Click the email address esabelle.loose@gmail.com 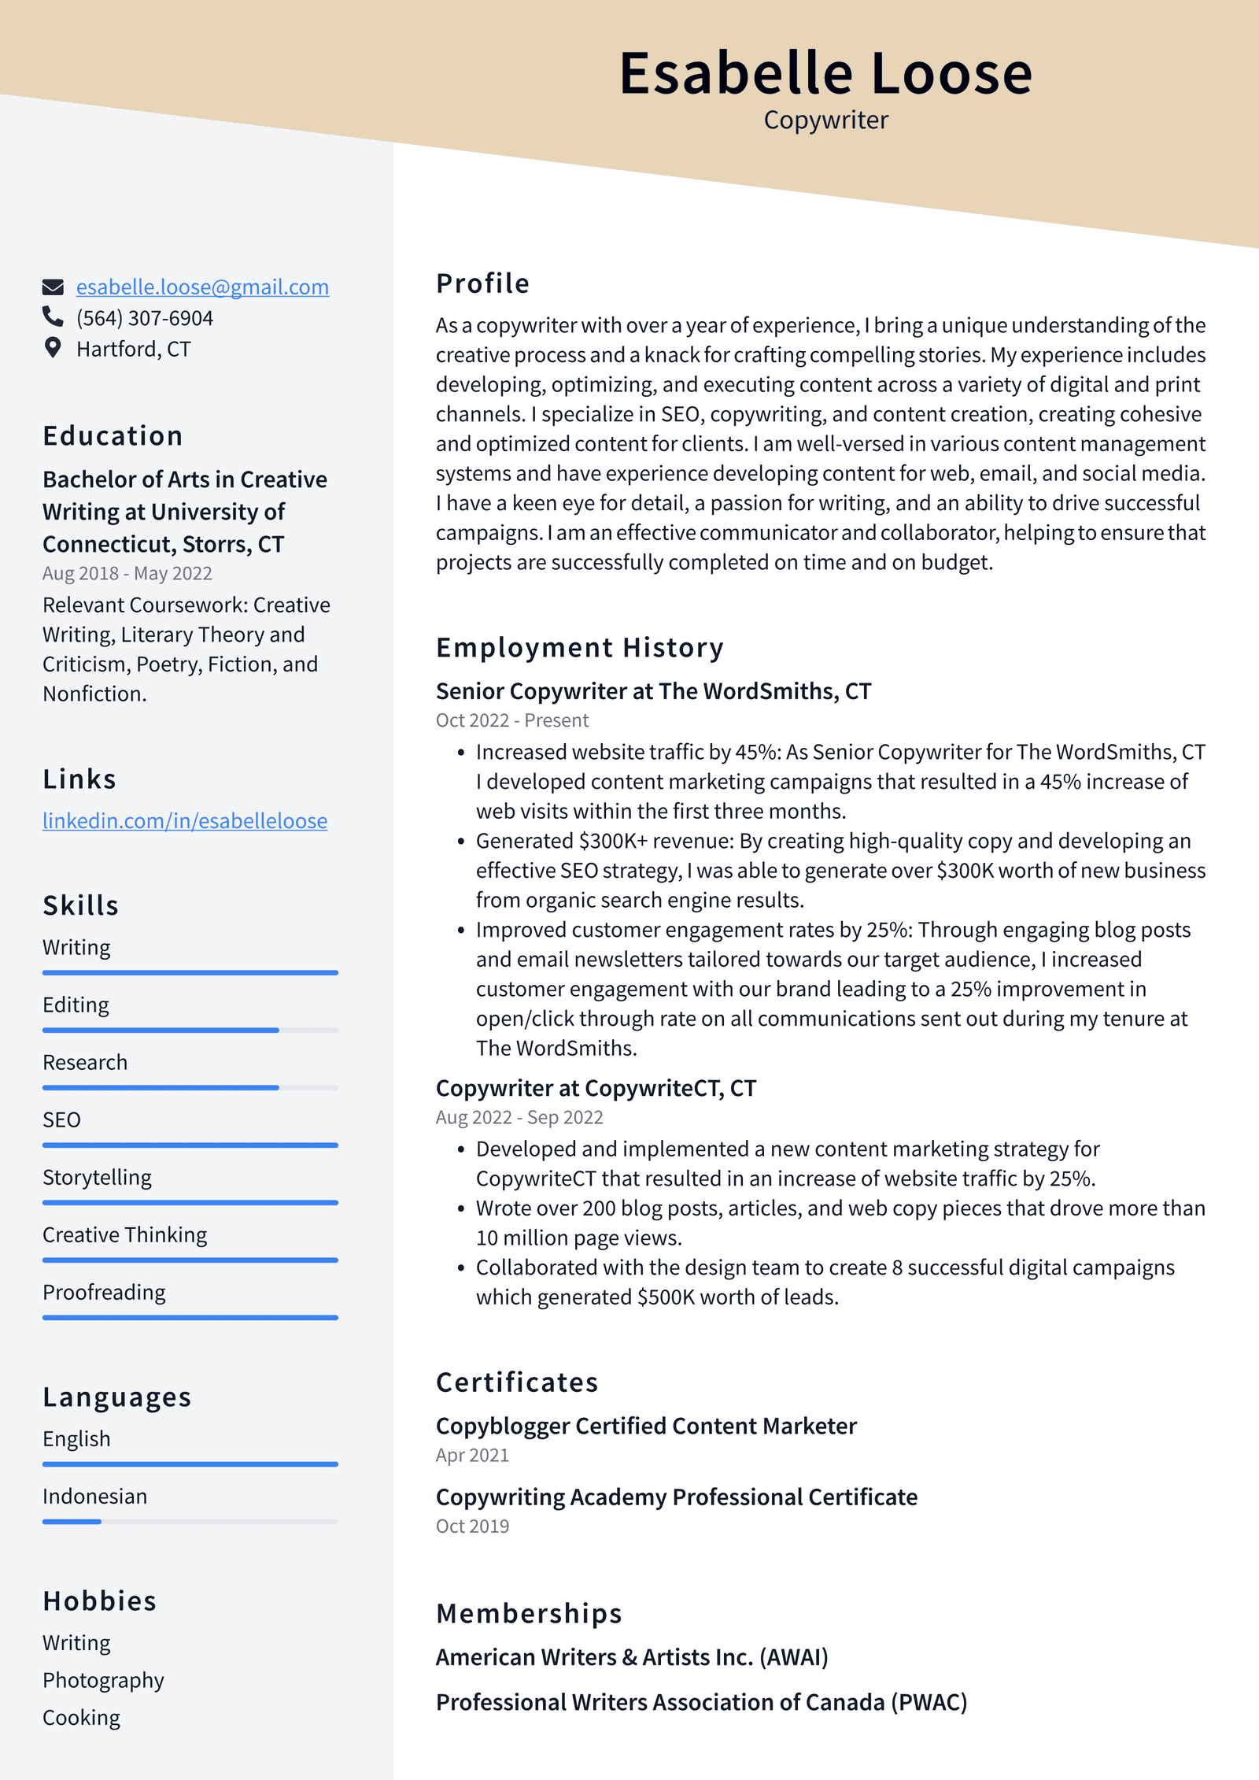[x=202, y=287]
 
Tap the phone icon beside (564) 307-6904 [x=53, y=316]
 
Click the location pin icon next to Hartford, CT [x=53, y=347]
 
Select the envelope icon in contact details [x=53, y=287]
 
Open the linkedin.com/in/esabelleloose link [x=185, y=820]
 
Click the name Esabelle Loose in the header [x=825, y=73]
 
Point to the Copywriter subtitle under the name [x=825, y=120]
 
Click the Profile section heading [x=482, y=283]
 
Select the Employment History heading [x=579, y=647]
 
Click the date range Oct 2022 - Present [x=511, y=720]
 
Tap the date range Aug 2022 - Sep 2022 [x=519, y=1117]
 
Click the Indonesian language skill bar [x=190, y=1522]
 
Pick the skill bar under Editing [x=190, y=1030]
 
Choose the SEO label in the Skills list [x=61, y=1119]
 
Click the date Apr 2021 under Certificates [x=472, y=1455]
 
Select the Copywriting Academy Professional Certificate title [x=676, y=1497]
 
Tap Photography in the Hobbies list [x=103, y=1680]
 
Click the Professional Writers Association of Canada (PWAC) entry [x=701, y=1702]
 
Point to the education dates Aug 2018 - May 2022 [x=127, y=573]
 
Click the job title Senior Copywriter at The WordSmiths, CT [x=653, y=691]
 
